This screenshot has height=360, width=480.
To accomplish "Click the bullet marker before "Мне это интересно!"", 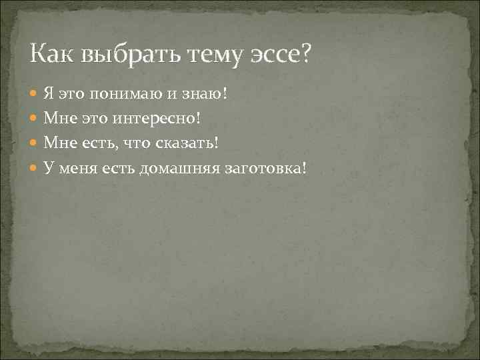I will point(35,119).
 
